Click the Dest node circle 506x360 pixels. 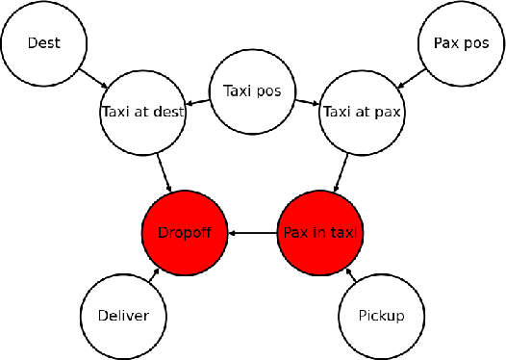(x=42, y=42)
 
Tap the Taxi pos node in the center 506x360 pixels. (x=251, y=92)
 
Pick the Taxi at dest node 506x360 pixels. (x=142, y=111)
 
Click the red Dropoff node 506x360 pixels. (x=184, y=232)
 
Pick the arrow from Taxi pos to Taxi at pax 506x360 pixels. (x=306, y=101)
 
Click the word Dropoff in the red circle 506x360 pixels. (x=184, y=232)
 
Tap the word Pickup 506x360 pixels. (x=380, y=316)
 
